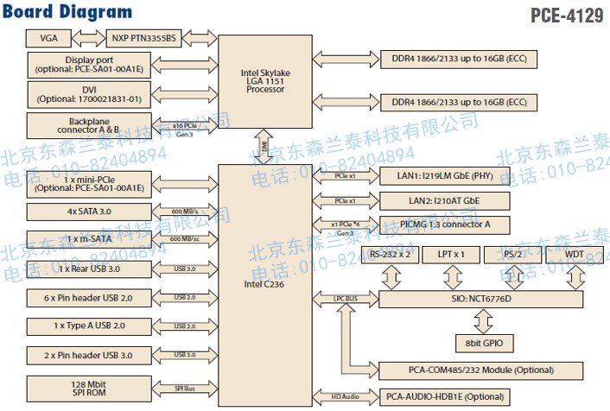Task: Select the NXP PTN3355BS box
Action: pos(143,39)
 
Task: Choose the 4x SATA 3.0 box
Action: pos(82,212)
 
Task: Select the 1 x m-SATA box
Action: pos(82,239)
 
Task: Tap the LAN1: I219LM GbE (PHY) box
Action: pos(443,176)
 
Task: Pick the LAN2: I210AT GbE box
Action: pos(443,201)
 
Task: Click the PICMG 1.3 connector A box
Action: pos(443,225)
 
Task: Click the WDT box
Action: pos(574,255)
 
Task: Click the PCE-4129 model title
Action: pos(567,16)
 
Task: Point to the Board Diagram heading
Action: pos(68,12)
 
